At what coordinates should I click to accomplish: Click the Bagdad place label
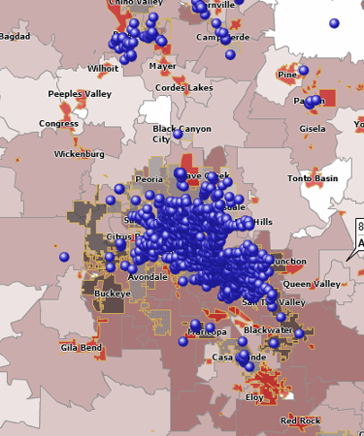point(15,36)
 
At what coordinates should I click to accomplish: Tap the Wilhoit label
point(103,69)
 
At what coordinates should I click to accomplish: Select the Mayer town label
point(162,67)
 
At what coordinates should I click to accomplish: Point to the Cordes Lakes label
point(184,87)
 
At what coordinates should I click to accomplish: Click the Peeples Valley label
point(80,93)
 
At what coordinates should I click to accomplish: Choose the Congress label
point(58,124)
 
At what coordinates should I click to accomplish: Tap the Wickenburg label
point(79,153)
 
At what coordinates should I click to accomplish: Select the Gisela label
point(313,128)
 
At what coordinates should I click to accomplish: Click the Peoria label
point(149,179)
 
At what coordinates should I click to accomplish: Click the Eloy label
point(254,397)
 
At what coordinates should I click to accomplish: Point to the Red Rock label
point(300,420)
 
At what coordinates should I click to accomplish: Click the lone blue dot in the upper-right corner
point(334,22)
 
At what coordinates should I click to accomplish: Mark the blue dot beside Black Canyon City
point(178,133)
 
